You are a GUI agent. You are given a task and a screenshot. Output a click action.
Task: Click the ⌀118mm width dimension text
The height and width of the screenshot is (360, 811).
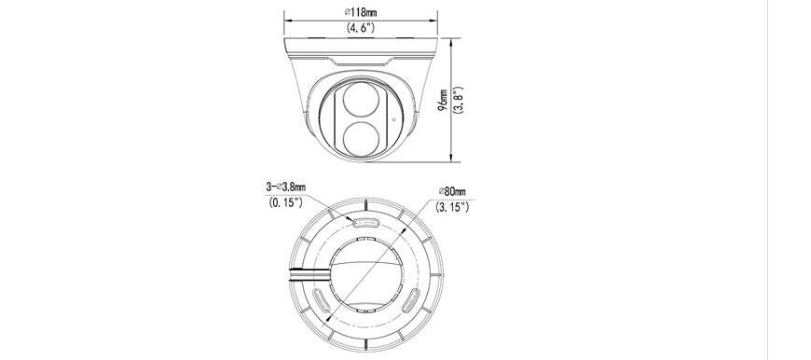point(361,12)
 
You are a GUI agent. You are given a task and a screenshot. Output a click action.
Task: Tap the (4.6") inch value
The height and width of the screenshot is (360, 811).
point(361,29)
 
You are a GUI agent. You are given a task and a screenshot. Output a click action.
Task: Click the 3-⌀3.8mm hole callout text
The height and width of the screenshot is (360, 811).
point(285,187)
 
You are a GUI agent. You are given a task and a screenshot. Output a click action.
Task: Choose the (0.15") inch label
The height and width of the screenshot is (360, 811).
point(285,202)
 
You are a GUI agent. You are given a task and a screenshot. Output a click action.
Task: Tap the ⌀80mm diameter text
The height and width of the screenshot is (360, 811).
point(452,191)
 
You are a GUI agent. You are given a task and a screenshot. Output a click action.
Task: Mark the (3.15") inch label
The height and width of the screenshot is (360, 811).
point(452,207)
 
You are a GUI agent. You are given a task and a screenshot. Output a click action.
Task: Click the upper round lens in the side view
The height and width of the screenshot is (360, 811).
point(361,100)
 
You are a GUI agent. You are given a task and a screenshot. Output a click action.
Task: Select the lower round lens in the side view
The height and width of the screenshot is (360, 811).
point(361,138)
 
